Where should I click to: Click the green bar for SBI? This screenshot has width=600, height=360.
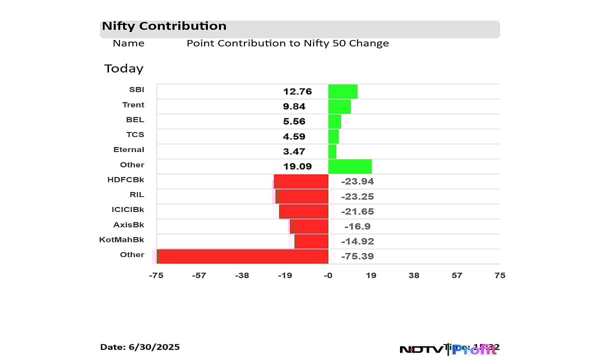pyautogui.click(x=342, y=91)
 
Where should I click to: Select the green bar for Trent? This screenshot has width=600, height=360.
pyautogui.click(x=339, y=106)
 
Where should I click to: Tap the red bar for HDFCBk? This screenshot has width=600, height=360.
pyautogui.click(x=301, y=181)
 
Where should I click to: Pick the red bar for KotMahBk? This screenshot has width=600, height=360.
pyautogui.click(x=311, y=241)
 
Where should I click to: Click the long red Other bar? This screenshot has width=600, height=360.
pyautogui.click(x=242, y=256)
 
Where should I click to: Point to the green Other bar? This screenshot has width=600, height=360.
pyautogui.click(x=349, y=166)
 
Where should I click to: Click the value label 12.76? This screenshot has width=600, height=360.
pyautogui.click(x=297, y=91)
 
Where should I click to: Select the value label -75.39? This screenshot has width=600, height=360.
pyautogui.click(x=357, y=256)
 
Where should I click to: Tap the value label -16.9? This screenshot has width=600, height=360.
pyautogui.click(x=357, y=226)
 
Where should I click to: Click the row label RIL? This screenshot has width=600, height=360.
pyautogui.click(x=136, y=194)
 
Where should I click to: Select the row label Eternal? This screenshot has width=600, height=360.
pyautogui.click(x=128, y=149)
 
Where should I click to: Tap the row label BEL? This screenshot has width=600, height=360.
pyautogui.click(x=135, y=119)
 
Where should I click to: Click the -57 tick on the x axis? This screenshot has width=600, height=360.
pyautogui.click(x=199, y=275)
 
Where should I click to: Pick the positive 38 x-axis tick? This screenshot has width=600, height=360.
pyautogui.click(x=414, y=275)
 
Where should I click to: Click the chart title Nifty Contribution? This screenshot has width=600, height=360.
pyautogui.click(x=164, y=26)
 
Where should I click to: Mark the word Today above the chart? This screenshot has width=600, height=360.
pyautogui.click(x=123, y=68)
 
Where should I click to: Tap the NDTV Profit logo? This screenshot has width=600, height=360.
pyautogui.click(x=448, y=349)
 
